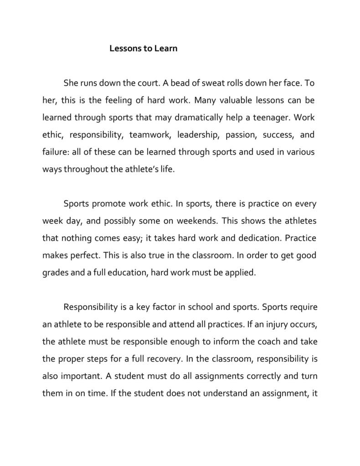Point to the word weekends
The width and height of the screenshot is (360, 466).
[x=199, y=221]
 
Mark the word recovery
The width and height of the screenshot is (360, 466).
[x=165, y=358]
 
